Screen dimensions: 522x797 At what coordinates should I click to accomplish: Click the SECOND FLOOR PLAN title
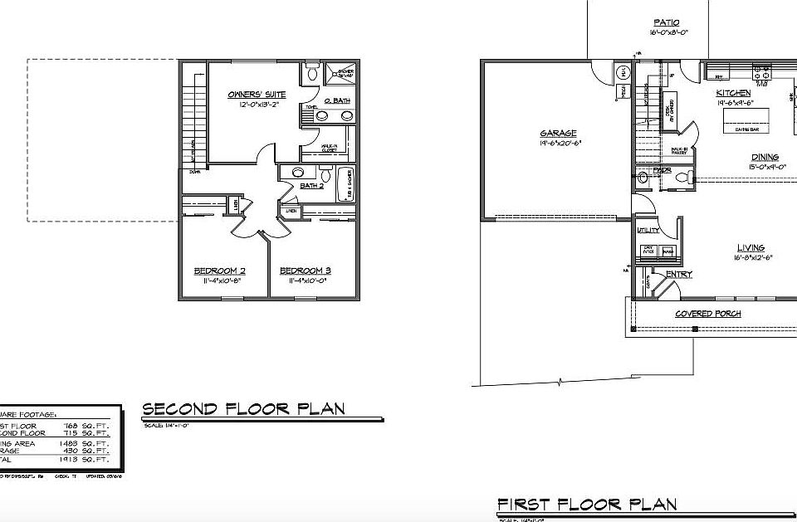243,409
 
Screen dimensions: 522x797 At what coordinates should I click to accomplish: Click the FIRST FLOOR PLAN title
586,504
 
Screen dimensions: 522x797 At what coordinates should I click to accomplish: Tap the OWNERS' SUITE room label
257,95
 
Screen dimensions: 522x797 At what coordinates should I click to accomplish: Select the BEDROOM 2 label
219,271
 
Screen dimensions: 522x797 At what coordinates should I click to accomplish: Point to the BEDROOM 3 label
306,271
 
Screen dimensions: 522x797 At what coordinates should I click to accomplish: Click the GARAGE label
558,133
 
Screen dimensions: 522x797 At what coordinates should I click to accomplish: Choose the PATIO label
666,22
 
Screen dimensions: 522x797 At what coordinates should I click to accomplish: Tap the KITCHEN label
734,93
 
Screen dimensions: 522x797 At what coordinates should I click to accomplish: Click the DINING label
765,157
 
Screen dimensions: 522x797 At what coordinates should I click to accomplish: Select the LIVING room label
751,247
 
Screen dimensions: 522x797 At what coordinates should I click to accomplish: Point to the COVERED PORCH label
707,314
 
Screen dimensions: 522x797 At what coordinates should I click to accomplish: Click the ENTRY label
679,275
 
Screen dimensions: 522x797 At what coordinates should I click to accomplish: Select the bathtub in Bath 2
346,184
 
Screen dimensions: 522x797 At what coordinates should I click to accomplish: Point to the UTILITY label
647,230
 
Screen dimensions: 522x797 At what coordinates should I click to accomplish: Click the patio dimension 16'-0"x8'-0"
669,33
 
